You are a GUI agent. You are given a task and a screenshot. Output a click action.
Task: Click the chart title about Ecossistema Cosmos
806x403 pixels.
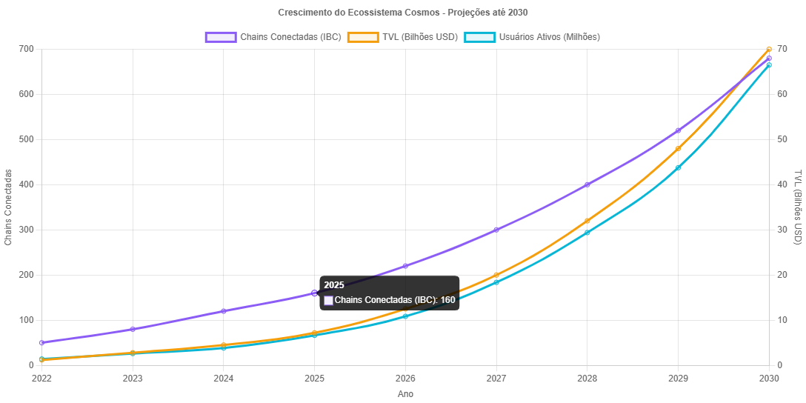tap(403, 13)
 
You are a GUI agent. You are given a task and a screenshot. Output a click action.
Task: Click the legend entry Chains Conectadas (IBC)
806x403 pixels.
tap(273, 37)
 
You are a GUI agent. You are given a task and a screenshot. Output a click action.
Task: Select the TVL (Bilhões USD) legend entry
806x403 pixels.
tap(403, 37)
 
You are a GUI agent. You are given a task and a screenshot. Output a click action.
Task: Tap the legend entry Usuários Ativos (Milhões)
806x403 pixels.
tap(532, 37)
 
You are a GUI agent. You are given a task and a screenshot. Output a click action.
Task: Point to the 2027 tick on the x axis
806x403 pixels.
tap(496, 378)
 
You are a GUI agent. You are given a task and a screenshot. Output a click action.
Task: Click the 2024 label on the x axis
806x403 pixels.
tap(223, 378)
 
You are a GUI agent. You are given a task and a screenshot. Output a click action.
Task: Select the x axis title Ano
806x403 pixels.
tap(405, 394)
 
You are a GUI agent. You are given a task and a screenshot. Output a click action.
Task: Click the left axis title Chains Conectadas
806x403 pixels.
tap(9, 207)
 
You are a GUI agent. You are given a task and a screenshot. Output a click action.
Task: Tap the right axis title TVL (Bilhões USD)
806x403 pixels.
tap(798, 207)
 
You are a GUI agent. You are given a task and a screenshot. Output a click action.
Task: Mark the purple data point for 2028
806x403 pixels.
tap(587, 184)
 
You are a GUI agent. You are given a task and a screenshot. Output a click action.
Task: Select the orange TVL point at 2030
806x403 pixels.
tap(769, 49)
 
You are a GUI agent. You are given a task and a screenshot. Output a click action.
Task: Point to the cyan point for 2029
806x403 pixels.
tap(678, 167)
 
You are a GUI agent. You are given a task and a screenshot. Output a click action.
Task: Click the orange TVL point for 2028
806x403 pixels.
tap(587, 221)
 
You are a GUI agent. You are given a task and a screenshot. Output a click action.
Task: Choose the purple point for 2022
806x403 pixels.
tap(41, 342)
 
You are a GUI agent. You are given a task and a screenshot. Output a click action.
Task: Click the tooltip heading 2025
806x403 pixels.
tap(334, 285)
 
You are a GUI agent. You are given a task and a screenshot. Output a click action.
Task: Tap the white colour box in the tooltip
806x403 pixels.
tap(329, 300)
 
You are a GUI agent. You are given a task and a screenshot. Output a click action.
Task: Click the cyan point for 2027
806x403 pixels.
tap(496, 282)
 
